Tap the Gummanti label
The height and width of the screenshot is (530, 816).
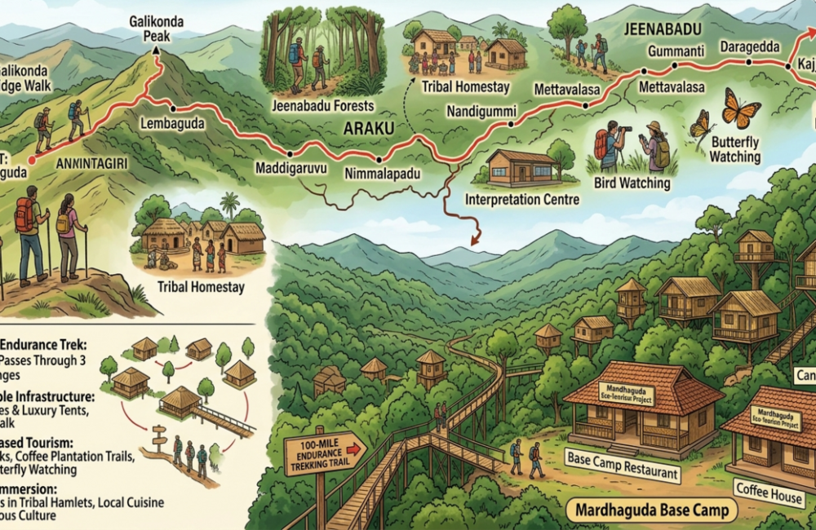pyautogui.click(x=675, y=51)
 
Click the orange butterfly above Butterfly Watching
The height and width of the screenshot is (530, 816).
pyautogui.click(x=742, y=108)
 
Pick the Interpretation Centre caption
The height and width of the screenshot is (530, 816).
pyautogui.click(x=522, y=199)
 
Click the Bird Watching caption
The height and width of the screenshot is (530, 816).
pyautogui.click(x=633, y=183)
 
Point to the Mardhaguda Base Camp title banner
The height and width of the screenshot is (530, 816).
pyautogui.click(x=651, y=512)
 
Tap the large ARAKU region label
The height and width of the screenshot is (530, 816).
pyautogui.click(x=369, y=129)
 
